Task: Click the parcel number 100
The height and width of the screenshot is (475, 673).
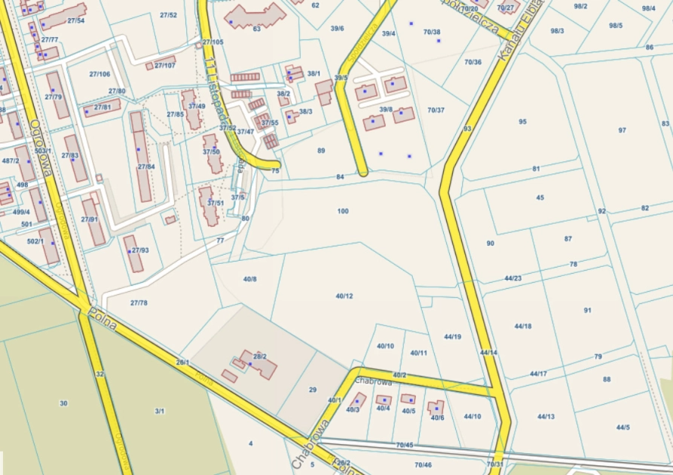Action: coord(343,211)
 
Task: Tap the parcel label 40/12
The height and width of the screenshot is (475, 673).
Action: coord(344,296)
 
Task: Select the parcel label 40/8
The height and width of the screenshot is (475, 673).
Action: coord(250,279)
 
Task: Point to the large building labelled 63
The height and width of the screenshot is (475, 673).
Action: coord(255,17)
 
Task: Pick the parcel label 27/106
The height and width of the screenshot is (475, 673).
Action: coord(99,74)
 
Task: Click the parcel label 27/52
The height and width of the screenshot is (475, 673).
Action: coord(169,15)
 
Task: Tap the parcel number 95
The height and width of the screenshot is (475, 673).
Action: coord(522,121)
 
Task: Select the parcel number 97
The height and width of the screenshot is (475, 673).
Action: coord(622,130)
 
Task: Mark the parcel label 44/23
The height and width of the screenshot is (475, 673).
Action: coord(513,278)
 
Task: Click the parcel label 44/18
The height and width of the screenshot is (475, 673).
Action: coord(523,326)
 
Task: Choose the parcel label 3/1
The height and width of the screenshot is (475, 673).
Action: coord(160,411)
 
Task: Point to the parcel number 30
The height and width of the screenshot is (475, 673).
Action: coord(63,403)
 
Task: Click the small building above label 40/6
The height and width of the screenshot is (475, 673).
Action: coord(436,408)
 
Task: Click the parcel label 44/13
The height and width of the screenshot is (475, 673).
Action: coord(546,416)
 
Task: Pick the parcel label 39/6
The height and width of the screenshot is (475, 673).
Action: coord(337,29)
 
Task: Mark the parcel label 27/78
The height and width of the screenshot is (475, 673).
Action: coord(139,302)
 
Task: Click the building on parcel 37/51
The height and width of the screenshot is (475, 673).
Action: coord(208,206)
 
